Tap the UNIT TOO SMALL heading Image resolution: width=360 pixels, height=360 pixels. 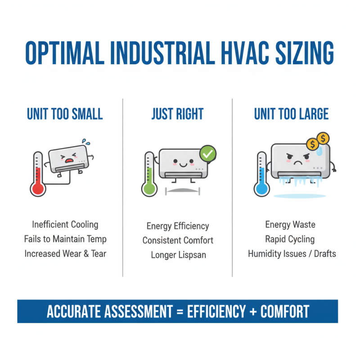(65, 114)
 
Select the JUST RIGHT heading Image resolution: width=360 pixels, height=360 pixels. (177, 114)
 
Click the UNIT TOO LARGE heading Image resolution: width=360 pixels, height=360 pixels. (291, 114)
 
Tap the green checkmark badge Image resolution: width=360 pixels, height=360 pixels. (207, 154)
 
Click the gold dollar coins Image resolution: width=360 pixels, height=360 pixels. (317, 141)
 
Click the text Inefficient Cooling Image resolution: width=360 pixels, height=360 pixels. (65, 224)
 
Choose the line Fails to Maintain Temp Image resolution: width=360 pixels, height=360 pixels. (65, 239)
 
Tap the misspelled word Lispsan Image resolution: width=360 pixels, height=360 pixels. (191, 255)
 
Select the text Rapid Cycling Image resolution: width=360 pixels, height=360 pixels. (290, 239)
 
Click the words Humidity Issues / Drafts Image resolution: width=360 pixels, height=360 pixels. (292, 254)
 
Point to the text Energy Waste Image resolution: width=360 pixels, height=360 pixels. (290, 225)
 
